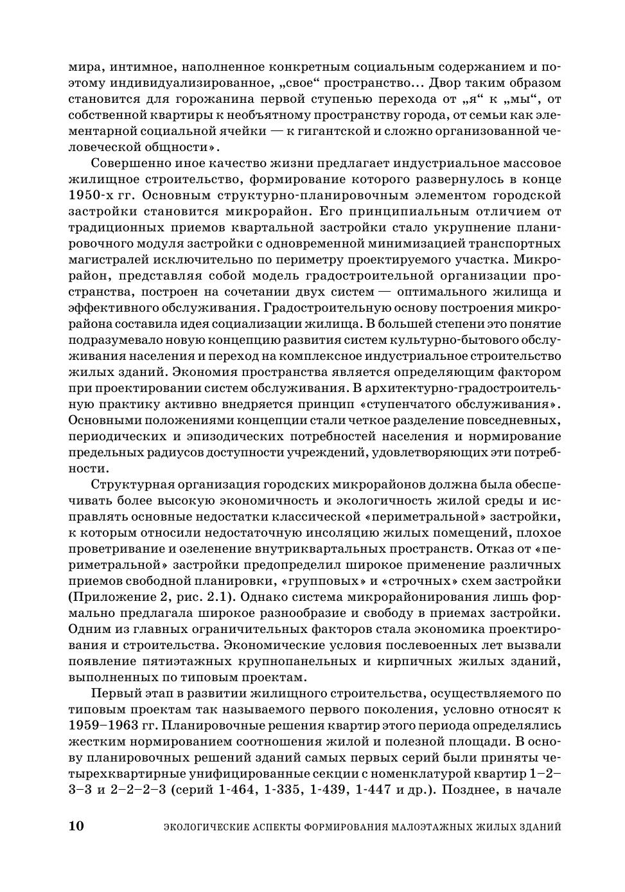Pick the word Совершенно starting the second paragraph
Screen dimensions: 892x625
(x=132, y=163)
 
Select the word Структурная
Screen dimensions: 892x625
(x=132, y=485)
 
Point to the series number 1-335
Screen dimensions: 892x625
(x=282, y=790)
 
